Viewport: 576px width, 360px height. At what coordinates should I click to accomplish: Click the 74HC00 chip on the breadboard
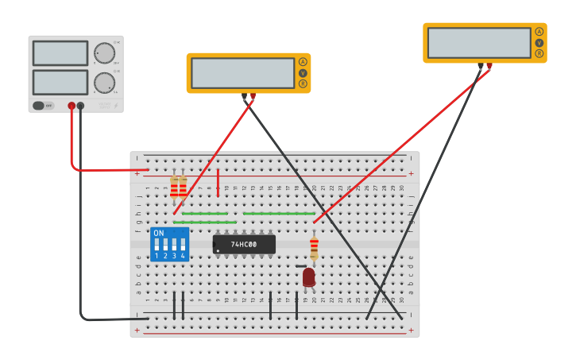click(244, 244)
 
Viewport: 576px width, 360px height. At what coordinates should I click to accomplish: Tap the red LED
click(308, 277)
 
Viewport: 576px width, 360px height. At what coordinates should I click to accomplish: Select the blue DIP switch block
click(169, 245)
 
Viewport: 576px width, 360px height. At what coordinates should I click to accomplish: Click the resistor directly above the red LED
click(314, 247)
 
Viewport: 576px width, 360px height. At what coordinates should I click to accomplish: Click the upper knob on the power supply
click(104, 53)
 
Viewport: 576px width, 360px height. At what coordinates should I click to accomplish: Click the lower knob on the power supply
click(104, 83)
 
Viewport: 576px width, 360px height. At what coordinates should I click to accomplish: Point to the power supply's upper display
click(60, 53)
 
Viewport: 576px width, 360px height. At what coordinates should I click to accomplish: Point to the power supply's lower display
click(60, 82)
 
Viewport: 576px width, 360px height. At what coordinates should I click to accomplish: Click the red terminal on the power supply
click(72, 105)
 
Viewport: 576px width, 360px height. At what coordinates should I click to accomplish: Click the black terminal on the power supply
click(80, 105)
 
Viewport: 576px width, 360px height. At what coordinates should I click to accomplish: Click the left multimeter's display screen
click(242, 73)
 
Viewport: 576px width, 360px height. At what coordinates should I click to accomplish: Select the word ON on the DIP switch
click(159, 234)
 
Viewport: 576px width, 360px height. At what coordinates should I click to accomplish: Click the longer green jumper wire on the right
click(279, 213)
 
